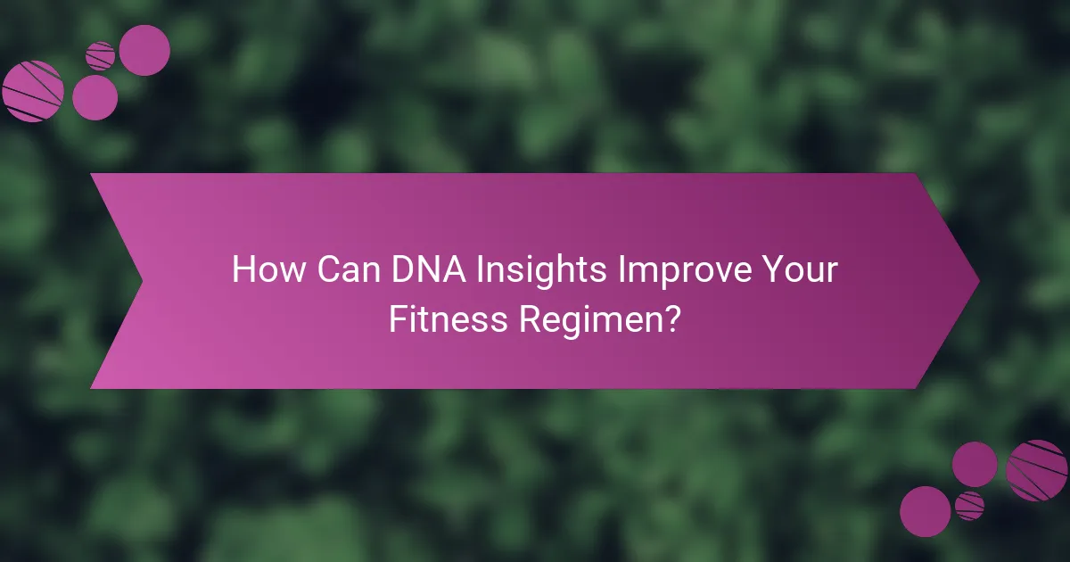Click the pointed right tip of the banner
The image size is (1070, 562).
coord(977,281)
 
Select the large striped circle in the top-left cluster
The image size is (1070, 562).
coord(33,91)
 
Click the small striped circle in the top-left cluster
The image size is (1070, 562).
coord(101,56)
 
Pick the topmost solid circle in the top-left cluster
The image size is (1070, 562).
coord(144,50)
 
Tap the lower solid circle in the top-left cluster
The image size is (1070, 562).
coord(95,97)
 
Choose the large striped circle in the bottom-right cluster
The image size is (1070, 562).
coord(1037,470)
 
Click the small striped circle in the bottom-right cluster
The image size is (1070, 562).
coord(969,506)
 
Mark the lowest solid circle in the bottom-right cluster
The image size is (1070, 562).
coord(926,511)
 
